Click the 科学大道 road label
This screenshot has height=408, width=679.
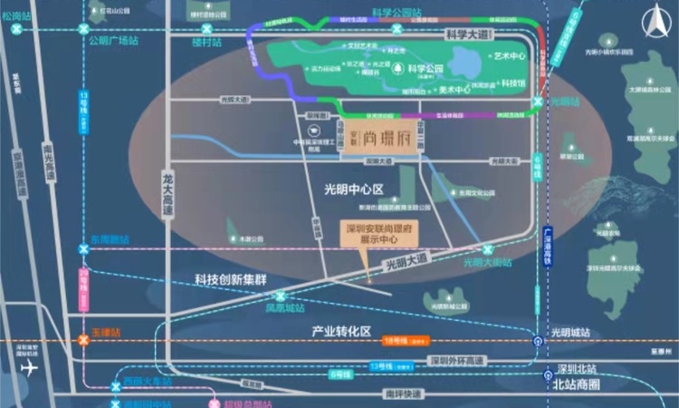(x=470, y=34)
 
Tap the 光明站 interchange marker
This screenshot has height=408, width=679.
(x=539, y=102)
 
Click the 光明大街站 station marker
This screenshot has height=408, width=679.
(x=488, y=249)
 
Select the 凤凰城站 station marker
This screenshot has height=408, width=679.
(x=282, y=296)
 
